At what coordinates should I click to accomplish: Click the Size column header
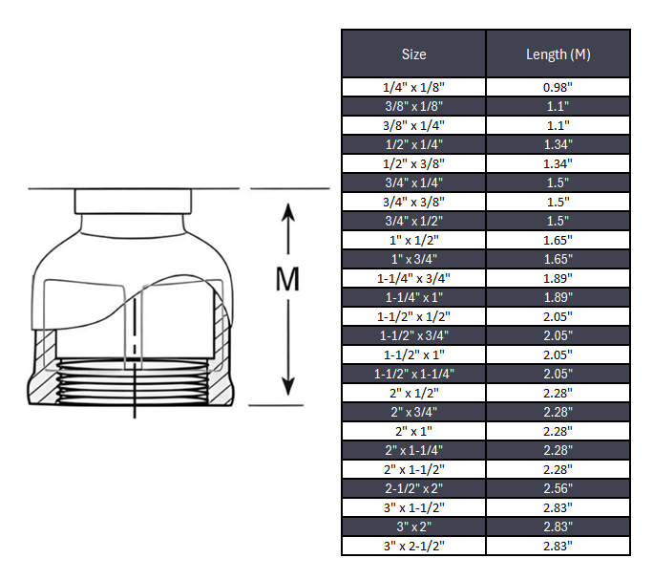coord(413,54)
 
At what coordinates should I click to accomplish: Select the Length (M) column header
coord(558,54)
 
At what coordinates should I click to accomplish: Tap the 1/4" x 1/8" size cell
coord(413,87)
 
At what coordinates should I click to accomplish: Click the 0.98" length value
coord(558,87)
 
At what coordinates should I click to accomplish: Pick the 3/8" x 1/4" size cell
coord(413,125)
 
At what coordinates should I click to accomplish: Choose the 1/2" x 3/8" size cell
coord(413,163)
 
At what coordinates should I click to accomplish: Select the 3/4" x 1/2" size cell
coord(413,221)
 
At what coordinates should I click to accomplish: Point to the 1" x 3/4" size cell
coord(413,259)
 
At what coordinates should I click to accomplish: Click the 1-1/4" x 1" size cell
coord(413,297)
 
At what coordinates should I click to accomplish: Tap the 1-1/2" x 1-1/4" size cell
coord(413,374)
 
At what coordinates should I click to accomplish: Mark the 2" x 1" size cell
coord(413,431)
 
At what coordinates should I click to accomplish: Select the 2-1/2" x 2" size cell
coord(413,488)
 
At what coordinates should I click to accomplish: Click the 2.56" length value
coord(558,488)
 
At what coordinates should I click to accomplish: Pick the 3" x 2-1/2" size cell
coord(413,546)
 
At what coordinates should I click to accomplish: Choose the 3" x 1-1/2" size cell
coord(413,507)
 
